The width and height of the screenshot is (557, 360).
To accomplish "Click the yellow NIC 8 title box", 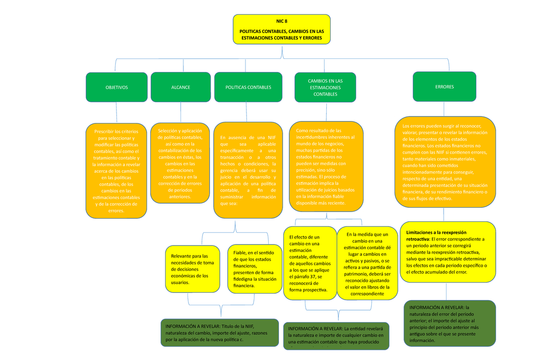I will click(282, 29).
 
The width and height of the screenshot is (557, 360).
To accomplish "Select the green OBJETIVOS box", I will click(117, 87).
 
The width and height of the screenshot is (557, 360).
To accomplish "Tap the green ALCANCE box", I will click(180, 87).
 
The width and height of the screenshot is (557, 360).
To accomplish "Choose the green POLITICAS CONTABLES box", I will click(248, 87).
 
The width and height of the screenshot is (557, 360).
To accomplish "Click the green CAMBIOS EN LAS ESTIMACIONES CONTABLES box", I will click(325, 87).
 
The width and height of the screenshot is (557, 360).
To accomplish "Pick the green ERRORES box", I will click(444, 87).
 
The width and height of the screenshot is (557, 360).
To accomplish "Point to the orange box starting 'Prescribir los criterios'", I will click(116, 171).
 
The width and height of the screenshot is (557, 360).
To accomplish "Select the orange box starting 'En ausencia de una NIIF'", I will click(248, 170).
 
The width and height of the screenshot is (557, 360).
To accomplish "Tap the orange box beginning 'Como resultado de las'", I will click(325, 167).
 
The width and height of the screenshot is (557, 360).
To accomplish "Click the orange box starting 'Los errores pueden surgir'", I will click(445, 162).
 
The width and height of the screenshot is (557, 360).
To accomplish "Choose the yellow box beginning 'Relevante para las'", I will click(192, 269).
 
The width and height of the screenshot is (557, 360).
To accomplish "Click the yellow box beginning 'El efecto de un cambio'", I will click(310, 263).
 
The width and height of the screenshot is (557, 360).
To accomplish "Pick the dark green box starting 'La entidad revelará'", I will click(336, 336).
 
